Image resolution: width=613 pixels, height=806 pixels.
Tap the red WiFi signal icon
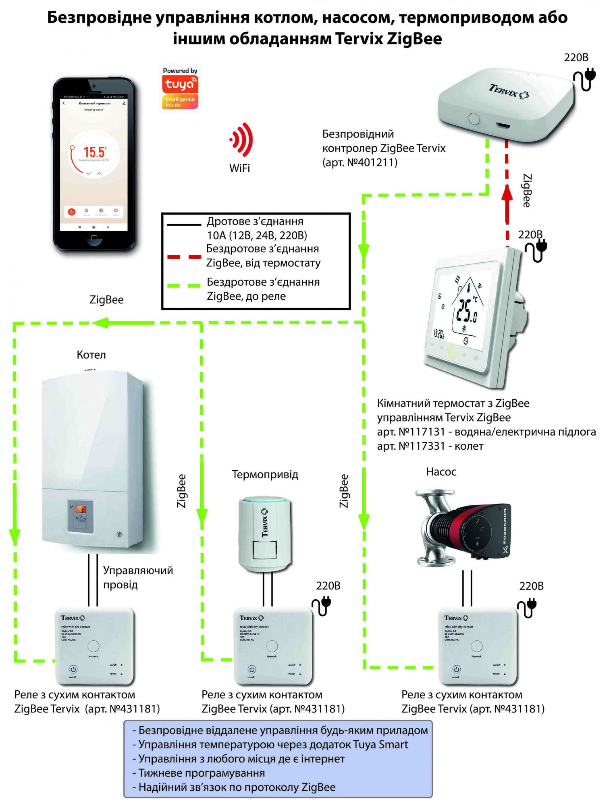pyautogui.click(x=242, y=139)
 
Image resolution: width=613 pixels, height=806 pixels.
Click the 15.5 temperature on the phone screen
pyautogui.click(x=94, y=152)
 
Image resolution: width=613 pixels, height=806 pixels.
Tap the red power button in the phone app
pyautogui.click(x=72, y=211)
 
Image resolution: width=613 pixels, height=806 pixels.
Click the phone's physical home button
pyautogui.click(x=94, y=238)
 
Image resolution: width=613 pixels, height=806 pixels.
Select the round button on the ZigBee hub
pyautogui.click(x=474, y=119)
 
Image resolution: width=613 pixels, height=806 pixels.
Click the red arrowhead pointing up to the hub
pyautogui.click(x=507, y=192)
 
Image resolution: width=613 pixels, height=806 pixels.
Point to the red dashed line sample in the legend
pyautogui.click(x=184, y=256)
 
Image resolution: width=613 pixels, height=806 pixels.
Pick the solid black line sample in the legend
pyautogui.click(x=184, y=224)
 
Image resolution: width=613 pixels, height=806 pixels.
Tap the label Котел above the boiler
pyautogui.click(x=91, y=355)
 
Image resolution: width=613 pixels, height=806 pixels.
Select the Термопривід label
pyautogui.click(x=265, y=474)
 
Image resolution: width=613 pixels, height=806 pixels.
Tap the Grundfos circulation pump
pyautogui.click(x=463, y=528)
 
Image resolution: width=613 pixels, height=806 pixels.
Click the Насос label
pyautogui.click(x=441, y=472)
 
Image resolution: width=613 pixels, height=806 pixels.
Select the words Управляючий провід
pyautogui.click(x=138, y=577)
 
